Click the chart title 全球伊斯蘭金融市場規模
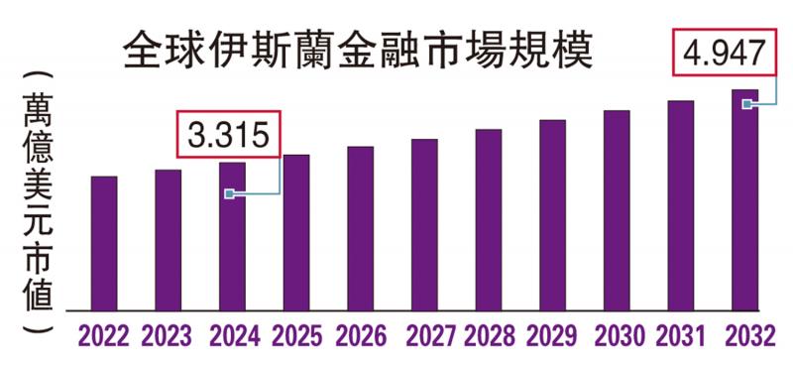357,52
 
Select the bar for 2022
104,243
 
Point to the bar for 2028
489,219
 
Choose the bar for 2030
617,210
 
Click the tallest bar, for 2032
744,199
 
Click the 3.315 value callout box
229,135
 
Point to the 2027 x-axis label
424,337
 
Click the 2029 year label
553,337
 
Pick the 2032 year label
745,337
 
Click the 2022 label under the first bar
103,337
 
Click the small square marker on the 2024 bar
229,194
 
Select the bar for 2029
552,215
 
